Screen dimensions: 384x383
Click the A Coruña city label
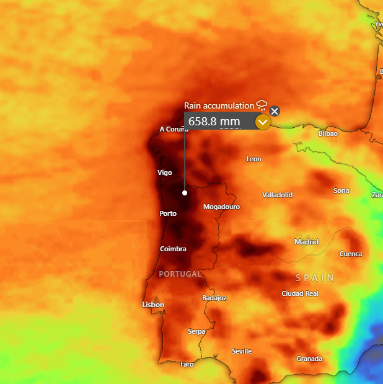tap(173, 129)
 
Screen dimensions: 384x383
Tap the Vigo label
tap(165, 172)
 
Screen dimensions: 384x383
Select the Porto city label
tap(168, 213)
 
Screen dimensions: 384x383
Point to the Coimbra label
tap(173, 249)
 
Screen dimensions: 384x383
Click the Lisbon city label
tap(153, 305)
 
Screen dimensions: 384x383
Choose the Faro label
tap(187, 364)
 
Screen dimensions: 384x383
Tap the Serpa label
tap(196, 331)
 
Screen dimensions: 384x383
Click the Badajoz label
tap(214, 298)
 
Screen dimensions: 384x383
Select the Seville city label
tap(242, 351)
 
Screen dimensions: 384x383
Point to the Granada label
tap(309, 359)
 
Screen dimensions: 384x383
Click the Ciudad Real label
tap(300, 293)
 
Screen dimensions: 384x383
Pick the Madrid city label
tap(306, 242)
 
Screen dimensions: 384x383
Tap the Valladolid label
tap(277, 195)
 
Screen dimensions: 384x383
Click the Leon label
tap(253, 159)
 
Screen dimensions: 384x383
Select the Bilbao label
tap(328, 133)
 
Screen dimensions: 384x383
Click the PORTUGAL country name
tap(180, 274)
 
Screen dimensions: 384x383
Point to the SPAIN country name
tap(315, 277)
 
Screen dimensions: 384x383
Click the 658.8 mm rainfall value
tap(214, 122)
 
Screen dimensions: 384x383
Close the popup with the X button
tap(275, 111)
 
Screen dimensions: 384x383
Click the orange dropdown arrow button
tap(263, 122)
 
